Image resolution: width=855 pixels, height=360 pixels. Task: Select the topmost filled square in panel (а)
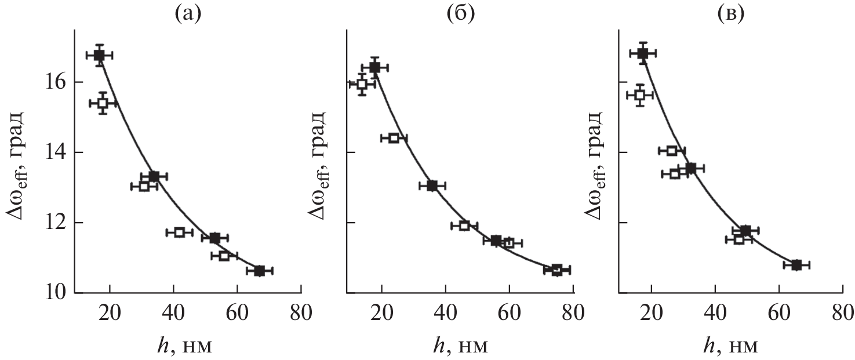tap(99, 55)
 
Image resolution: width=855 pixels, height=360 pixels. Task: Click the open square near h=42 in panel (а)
tap(179, 232)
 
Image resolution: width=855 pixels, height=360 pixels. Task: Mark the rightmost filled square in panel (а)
tap(259, 271)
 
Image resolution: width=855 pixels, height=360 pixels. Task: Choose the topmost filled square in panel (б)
tap(374, 68)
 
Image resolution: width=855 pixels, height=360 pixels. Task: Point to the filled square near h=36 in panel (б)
tap(432, 186)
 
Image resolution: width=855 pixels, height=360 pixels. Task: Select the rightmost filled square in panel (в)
tap(796, 265)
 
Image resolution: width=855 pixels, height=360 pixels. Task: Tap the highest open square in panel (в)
tap(640, 95)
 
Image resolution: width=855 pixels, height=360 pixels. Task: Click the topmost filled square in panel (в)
tap(642, 53)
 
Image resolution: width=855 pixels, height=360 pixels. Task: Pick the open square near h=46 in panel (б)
tap(464, 226)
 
